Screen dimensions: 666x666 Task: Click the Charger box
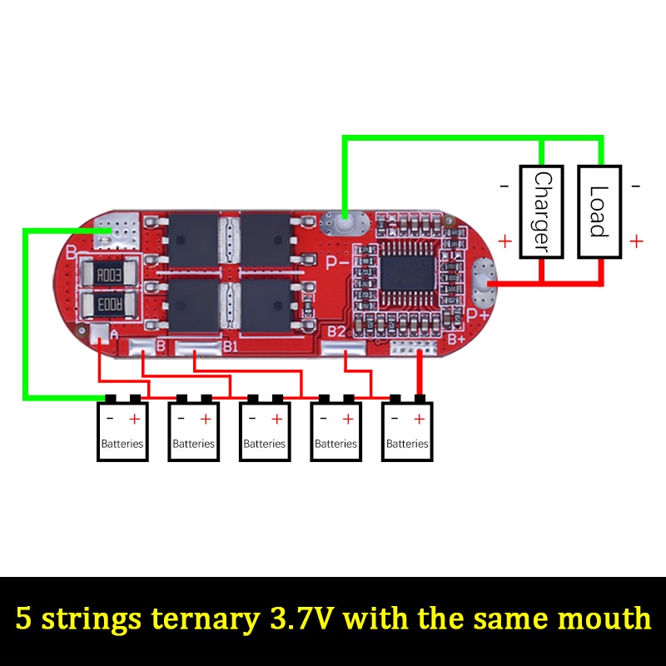tap(541, 211)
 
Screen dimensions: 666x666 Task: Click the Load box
tap(599, 211)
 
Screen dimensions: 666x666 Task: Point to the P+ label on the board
tap(476, 315)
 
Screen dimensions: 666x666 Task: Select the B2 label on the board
tap(336, 332)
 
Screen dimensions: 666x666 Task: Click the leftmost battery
tap(122, 431)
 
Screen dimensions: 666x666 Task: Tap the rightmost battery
tap(408, 431)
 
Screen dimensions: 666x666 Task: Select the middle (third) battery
tap(265, 431)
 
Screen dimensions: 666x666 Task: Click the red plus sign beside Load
tap(636, 241)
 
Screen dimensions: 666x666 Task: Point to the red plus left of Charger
tap(504, 241)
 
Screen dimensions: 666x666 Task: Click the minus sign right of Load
tap(636, 186)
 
